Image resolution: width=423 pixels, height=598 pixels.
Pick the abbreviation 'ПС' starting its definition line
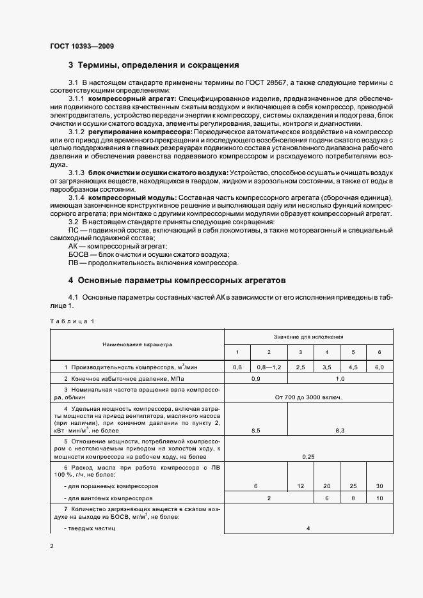click(73, 229)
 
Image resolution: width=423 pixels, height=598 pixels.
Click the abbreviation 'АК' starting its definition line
click(73, 246)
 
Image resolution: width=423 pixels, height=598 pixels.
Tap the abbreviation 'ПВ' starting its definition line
click(73, 263)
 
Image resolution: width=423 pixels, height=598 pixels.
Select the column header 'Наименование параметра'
click(138, 344)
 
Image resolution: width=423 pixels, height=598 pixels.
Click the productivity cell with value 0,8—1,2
click(269, 367)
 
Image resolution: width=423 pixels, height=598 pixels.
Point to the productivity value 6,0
click(379, 367)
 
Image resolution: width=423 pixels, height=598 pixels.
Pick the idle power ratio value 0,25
click(308, 457)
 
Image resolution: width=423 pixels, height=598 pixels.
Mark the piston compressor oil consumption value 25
click(353, 486)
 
